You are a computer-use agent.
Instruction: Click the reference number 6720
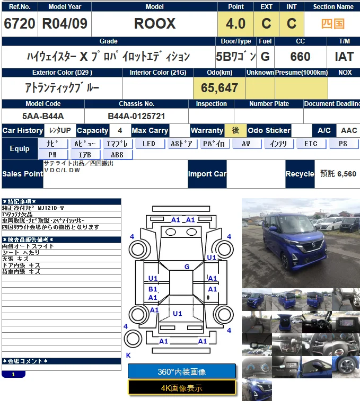(x=20, y=24)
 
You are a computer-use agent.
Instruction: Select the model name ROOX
(x=154, y=24)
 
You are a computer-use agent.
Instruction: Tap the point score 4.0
(x=235, y=24)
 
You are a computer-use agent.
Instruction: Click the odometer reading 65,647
(x=218, y=88)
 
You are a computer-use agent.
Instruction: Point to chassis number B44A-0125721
(x=136, y=116)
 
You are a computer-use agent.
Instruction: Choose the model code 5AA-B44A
(x=43, y=116)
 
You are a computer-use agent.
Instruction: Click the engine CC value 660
(x=300, y=57)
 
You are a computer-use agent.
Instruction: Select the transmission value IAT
(x=344, y=57)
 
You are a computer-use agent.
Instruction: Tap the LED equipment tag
(x=149, y=144)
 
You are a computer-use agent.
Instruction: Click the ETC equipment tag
(x=311, y=144)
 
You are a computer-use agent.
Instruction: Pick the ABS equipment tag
(x=117, y=155)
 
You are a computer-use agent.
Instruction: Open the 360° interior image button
(x=182, y=371)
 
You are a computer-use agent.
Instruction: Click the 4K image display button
(x=182, y=388)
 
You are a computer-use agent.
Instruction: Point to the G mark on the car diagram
(x=187, y=267)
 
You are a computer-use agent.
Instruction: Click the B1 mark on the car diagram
(x=153, y=289)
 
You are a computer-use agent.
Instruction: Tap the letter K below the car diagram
(x=128, y=356)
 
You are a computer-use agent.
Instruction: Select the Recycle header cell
(x=300, y=174)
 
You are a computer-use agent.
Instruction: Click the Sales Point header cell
(x=22, y=174)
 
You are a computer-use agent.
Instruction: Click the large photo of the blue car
(x=301, y=243)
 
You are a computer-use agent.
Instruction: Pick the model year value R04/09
(x=65, y=24)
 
